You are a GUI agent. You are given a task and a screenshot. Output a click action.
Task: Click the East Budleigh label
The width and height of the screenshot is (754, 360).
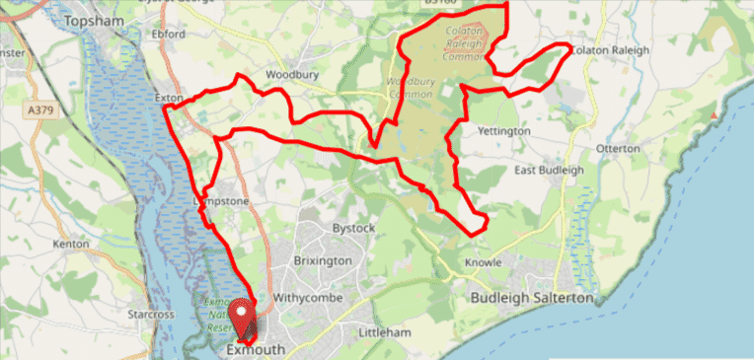549,170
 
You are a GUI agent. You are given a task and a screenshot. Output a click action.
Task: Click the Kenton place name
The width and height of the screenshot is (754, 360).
72,243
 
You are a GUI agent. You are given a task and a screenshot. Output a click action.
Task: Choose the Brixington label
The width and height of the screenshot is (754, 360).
323,261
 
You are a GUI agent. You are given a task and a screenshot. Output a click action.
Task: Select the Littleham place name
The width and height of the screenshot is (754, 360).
384,332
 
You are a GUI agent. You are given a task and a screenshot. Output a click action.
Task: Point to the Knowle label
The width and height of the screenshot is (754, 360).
485,262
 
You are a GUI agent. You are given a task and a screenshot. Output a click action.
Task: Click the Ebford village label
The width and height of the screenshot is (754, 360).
169,34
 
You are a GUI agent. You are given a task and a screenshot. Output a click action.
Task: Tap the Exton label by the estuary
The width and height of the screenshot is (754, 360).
169,99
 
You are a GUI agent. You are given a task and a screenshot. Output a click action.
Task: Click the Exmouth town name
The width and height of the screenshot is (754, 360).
256,350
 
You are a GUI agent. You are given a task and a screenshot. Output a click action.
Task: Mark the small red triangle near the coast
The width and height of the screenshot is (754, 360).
712,115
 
